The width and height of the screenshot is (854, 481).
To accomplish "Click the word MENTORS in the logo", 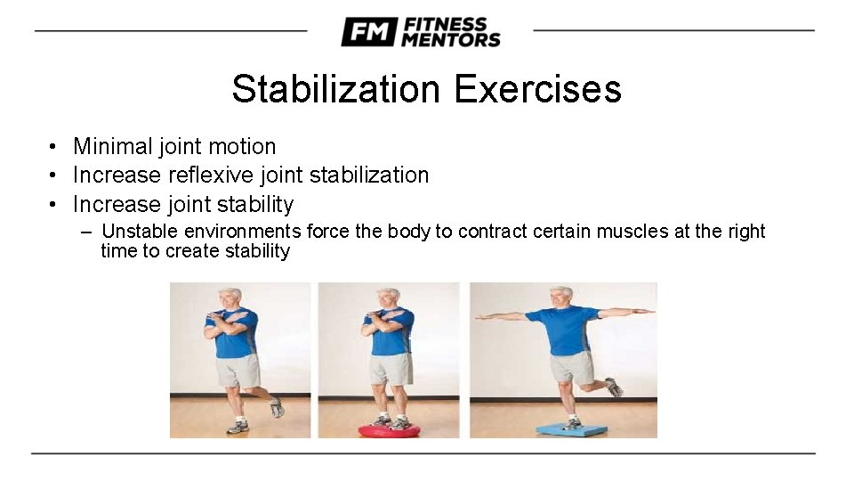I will (x=451, y=39).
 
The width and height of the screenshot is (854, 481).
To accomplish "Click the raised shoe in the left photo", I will (x=277, y=407).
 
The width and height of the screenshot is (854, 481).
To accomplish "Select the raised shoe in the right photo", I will (x=613, y=387).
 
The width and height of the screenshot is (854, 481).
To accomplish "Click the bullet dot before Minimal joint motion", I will (x=54, y=147).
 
